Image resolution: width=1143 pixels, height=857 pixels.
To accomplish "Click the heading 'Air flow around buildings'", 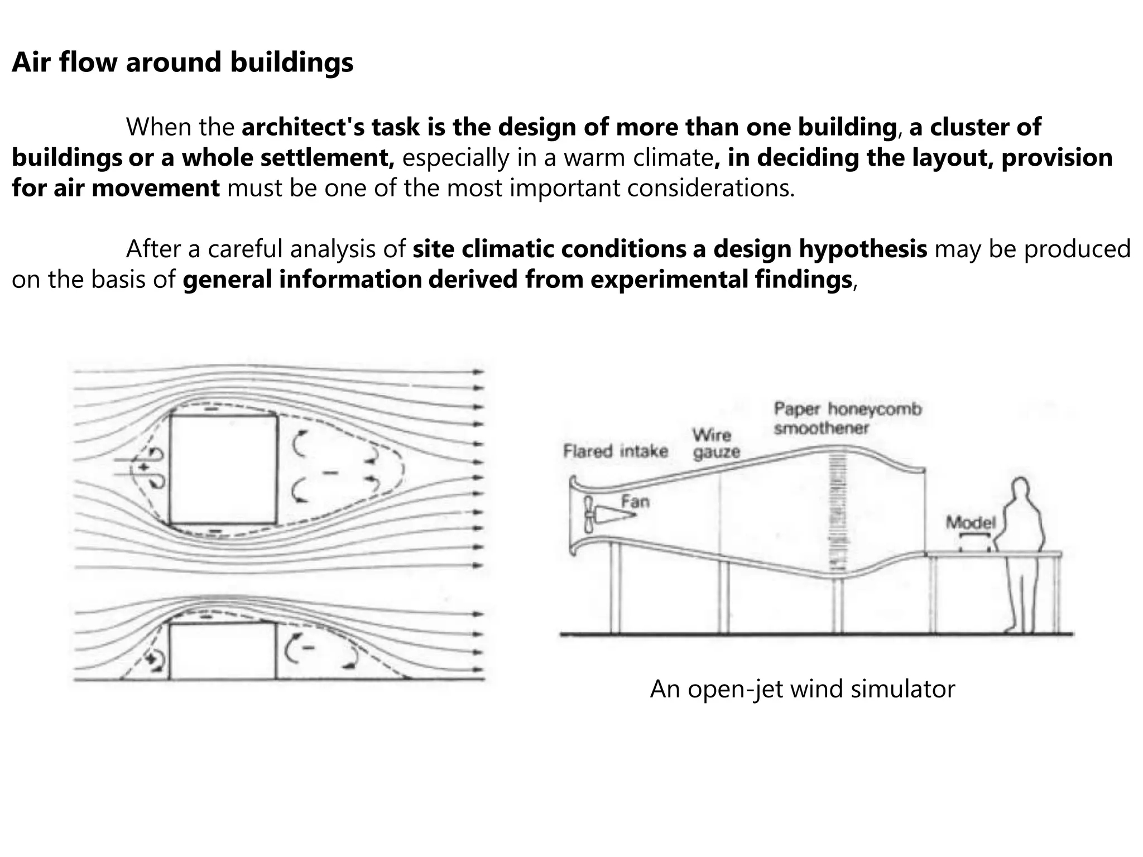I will pyautogui.click(x=183, y=62).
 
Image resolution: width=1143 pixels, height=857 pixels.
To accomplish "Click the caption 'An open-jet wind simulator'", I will pyautogui.click(x=802, y=689).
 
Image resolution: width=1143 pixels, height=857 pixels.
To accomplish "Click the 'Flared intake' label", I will pyautogui.click(x=615, y=451).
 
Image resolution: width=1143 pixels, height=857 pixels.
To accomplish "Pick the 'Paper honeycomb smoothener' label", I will pyautogui.click(x=847, y=418).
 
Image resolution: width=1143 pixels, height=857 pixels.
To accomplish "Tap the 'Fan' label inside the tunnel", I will pyautogui.click(x=635, y=502).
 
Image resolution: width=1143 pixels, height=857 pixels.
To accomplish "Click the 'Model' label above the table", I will pyautogui.click(x=971, y=522).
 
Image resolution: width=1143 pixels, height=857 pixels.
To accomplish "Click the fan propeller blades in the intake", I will pyautogui.click(x=588, y=515).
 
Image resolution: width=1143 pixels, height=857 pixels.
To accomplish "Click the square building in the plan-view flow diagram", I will pyautogui.click(x=223, y=469).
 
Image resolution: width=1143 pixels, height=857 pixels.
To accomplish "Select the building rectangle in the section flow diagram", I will pyautogui.click(x=222, y=651).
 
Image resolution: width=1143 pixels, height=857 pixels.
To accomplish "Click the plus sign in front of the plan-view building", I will pyautogui.click(x=145, y=466).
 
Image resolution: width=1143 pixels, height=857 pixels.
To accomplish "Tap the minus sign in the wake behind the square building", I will pyautogui.click(x=330, y=473).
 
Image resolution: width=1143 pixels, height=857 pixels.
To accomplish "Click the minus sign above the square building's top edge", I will pyautogui.click(x=213, y=409).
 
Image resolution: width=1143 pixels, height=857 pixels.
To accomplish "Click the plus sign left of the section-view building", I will pyautogui.click(x=150, y=659).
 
